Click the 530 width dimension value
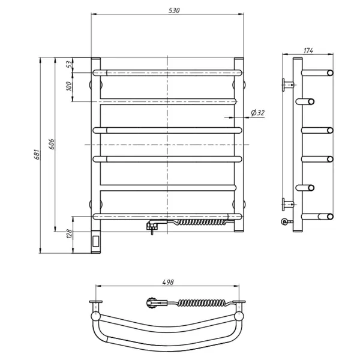tap(175, 11)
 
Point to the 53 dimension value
tap(69, 64)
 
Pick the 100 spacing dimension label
tap(69, 86)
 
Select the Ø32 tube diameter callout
tap(257, 112)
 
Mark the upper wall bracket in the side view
tap(286, 84)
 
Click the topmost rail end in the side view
tap(329, 73)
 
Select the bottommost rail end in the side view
tap(329, 217)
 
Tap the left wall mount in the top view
tap(95, 302)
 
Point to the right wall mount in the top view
tap(242, 302)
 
